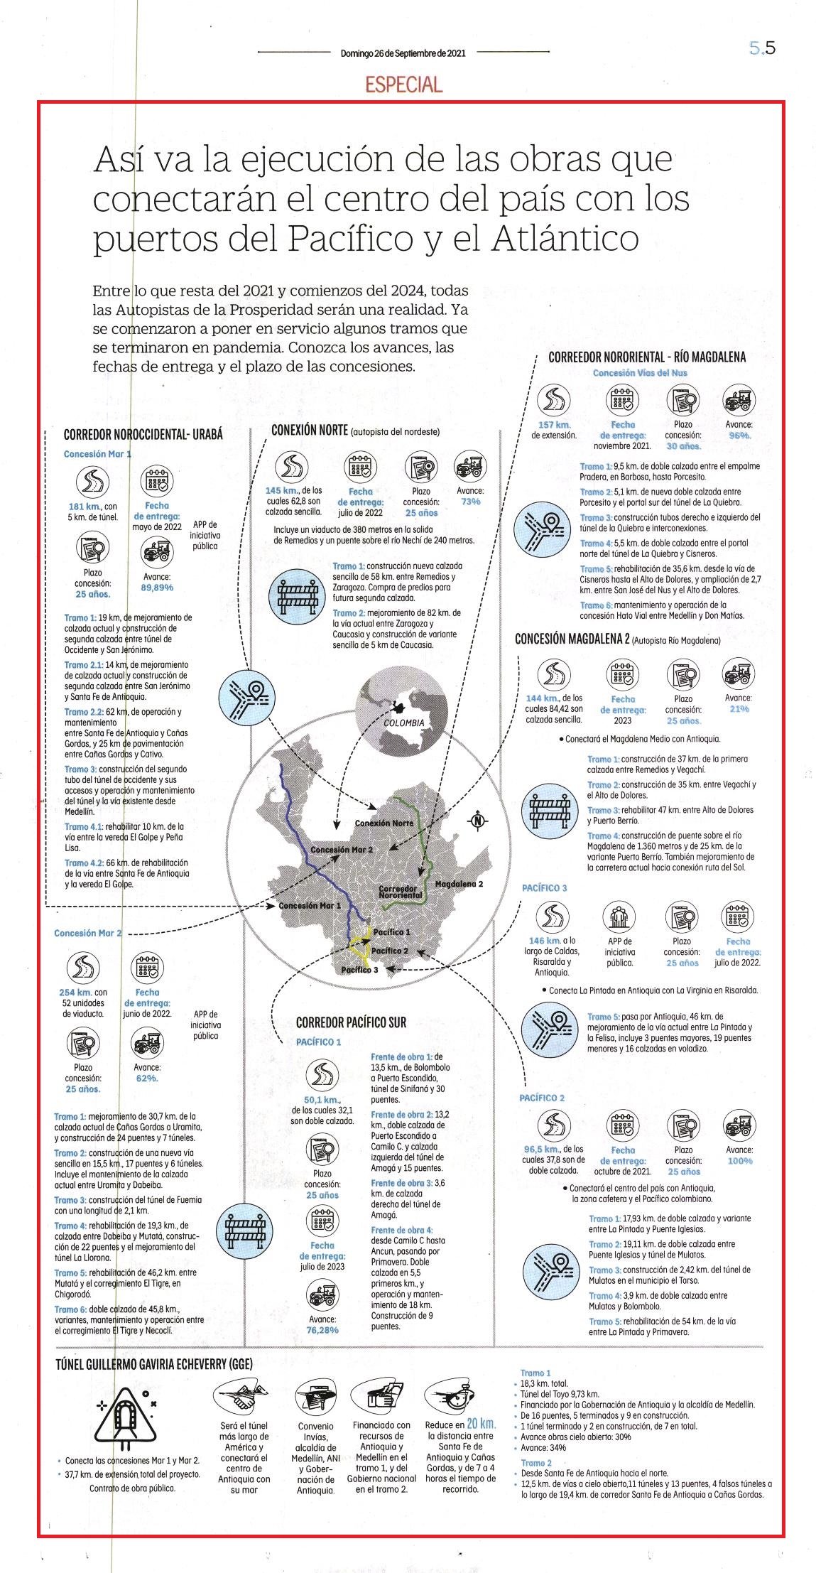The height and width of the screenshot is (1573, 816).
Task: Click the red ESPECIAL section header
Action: (403, 85)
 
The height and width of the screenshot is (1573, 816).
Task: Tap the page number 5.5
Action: (762, 48)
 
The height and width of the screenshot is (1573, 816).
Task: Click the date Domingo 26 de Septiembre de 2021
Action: (403, 53)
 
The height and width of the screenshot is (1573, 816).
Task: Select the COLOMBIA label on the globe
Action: (403, 723)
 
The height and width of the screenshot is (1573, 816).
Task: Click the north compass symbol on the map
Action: (478, 821)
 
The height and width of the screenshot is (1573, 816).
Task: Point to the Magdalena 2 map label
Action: (459, 884)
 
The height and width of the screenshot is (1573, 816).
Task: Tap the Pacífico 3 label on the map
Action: (359, 970)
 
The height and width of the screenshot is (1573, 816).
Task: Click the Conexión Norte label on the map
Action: (383, 823)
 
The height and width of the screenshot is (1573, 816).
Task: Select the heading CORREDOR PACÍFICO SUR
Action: (351, 1022)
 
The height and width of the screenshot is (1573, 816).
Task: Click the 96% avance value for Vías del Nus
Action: (739, 436)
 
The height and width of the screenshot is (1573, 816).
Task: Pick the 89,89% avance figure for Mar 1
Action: (157, 588)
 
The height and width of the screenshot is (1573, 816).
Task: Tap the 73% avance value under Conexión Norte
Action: (470, 501)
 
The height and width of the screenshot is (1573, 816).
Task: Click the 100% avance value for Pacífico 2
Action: (739, 1160)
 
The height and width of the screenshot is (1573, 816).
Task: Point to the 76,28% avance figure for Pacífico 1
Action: (322, 1329)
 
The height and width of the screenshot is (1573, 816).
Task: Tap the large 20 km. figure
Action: (481, 1423)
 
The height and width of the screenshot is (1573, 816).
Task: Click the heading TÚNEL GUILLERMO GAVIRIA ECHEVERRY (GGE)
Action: (153, 1363)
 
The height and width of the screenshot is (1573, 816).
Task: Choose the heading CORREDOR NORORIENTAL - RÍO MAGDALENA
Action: (647, 357)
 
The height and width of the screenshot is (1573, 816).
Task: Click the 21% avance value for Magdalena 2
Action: (739, 708)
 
